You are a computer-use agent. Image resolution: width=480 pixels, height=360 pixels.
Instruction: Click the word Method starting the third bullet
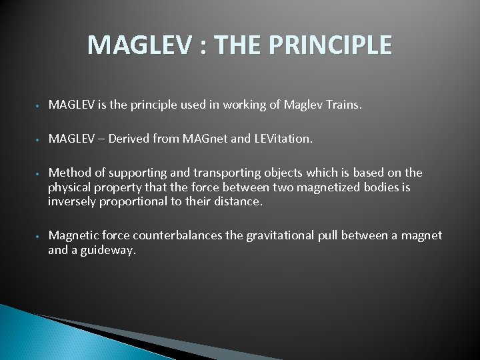click(x=68, y=173)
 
